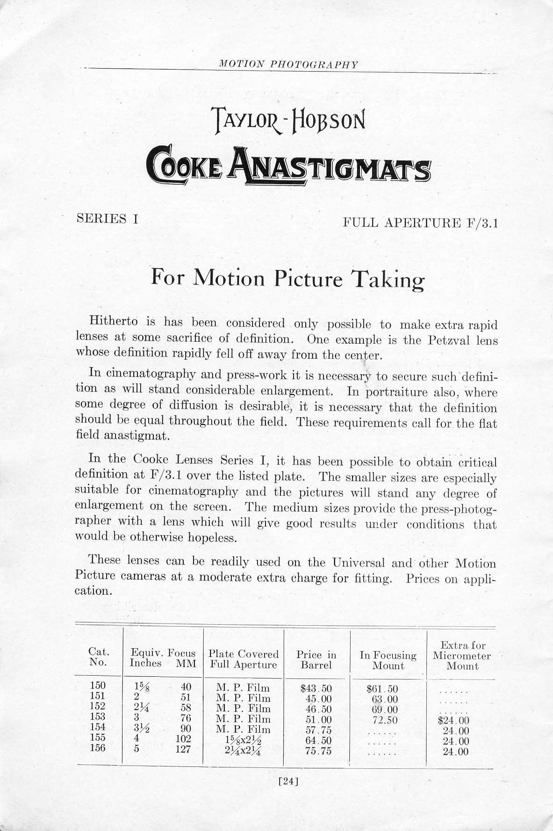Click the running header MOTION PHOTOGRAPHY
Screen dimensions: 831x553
pos(288,65)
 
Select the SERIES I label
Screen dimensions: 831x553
pos(107,218)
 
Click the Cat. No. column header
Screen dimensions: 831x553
pos(98,658)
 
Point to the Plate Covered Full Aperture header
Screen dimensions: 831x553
pos(243,659)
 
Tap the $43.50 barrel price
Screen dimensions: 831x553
pos(316,688)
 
